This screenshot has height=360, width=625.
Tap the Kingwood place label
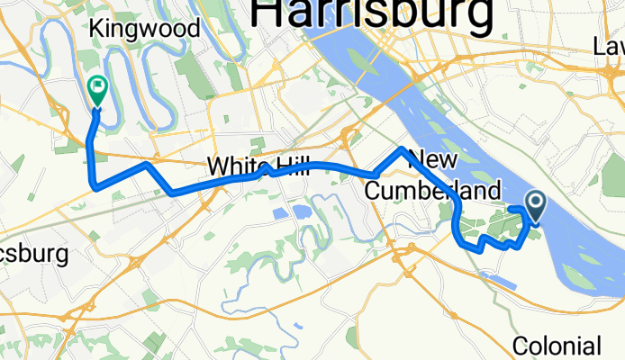point(144,29)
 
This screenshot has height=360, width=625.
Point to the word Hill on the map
point(289,166)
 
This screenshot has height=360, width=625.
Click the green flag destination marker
point(96,88)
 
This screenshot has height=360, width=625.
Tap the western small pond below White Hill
point(277,213)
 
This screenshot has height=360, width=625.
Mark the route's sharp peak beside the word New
point(402,148)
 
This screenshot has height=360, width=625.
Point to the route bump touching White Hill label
point(268,167)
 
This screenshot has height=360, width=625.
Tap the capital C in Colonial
point(521,346)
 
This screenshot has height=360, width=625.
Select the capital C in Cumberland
point(374,191)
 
